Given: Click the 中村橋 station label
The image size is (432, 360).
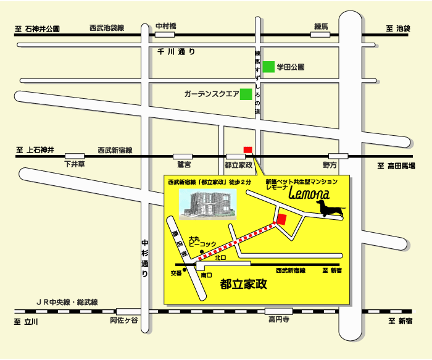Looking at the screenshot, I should tap(166, 26).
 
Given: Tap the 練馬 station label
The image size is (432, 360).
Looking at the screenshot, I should tap(322, 26).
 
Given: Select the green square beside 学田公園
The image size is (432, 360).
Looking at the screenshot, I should tap(268, 67).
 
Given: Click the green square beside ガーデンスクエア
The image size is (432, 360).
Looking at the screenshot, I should tap(246, 94).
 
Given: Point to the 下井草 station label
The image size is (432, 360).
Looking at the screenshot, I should tap(75, 165).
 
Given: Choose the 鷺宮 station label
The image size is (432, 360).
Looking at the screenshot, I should tap(184, 165).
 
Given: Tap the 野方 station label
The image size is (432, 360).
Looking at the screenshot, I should tap(330, 165).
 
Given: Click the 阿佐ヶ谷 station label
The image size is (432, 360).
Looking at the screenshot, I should tap(124, 319).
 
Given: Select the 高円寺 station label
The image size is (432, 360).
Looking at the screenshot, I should tap(279, 319).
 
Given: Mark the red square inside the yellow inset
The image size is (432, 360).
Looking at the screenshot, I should tap(281, 219).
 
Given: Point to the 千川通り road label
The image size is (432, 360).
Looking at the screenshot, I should tap(177, 52).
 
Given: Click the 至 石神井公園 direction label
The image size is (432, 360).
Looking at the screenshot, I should tap(38, 29).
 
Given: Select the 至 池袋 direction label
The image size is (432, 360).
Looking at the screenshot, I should tap(398, 29).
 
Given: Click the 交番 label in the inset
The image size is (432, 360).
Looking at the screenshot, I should tap(176, 272).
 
